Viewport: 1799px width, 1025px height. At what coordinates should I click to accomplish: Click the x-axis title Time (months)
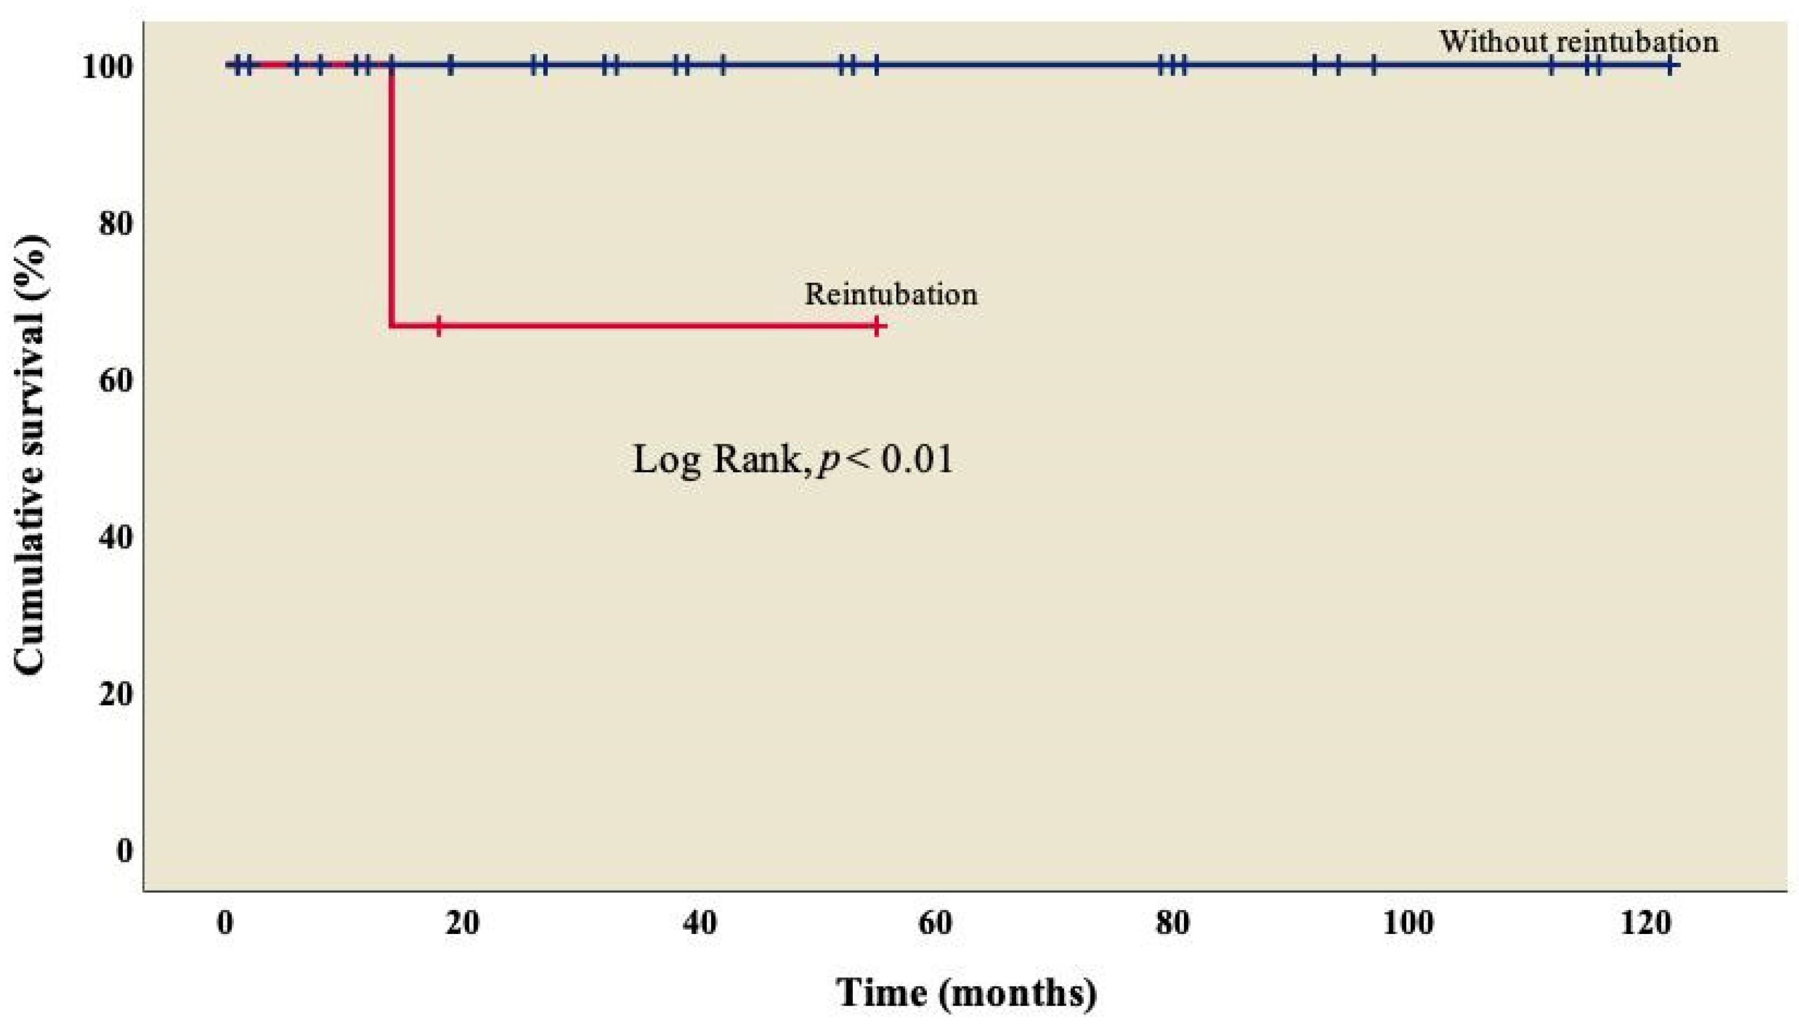(966, 993)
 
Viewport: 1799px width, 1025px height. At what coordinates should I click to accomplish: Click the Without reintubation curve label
(1578, 42)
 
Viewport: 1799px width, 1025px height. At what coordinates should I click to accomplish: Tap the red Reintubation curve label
(891, 294)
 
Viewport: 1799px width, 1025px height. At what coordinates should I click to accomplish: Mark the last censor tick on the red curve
(876, 326)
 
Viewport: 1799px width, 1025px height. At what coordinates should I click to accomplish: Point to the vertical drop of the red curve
(390, 197)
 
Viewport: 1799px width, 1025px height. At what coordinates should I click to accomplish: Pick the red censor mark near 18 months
(438, 326)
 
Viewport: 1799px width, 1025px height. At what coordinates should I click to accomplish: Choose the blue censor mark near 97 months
(1373, 66)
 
